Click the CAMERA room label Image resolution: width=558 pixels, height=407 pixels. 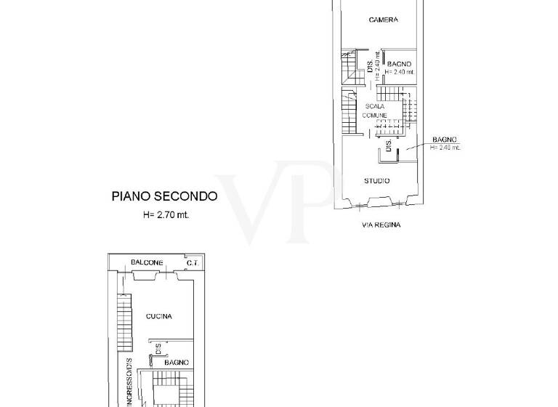pyautogui.click(x=383, y=20)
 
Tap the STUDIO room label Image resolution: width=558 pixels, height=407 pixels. pyautogui.click(x=377, y=180)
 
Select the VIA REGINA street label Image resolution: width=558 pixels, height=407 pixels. pyautogui.click(x=381, y=225)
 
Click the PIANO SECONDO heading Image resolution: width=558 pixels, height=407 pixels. pyautogui.click(x=164, y=196)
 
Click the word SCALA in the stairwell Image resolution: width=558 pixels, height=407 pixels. pyautogui.click(x=375, y=106)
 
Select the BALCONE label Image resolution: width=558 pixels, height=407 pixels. pyautogui.click(x=147, y=262)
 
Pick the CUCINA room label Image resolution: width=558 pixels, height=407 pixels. pyautogui.click(x=158, y=316)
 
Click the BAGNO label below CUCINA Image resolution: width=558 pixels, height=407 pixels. pyautogui.click(x=176, y=362)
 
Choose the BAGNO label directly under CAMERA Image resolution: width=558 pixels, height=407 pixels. pyautogui.click(x=399, y=64)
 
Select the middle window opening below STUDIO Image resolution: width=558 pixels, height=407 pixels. pyautogui.click(x=377, y=201)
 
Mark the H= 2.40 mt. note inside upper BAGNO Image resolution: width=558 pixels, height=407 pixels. pyautogui.click(x=399, y=72)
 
